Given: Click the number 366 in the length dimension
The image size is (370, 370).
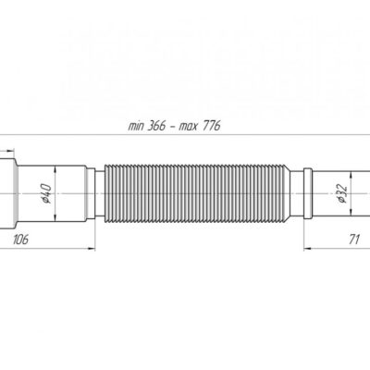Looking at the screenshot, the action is [x=156, y=126].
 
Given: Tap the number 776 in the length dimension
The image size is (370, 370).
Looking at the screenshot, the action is [x=212, y=126].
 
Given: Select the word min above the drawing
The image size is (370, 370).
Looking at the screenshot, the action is [x=136, y=127].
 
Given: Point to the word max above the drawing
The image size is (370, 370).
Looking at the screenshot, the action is [x=188, y=127].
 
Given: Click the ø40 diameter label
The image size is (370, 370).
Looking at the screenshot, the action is [x=46, y=193].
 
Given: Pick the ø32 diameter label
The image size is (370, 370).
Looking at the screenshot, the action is [x=342, y=194].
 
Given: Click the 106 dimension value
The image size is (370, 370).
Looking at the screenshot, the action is [x=20, y=239].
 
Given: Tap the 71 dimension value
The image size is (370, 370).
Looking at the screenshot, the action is [x=354, y=239].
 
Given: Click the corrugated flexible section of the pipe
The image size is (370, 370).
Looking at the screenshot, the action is [x=197, y=193].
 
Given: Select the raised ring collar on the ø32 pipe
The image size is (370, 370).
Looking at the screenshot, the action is [x=308, y=193].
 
